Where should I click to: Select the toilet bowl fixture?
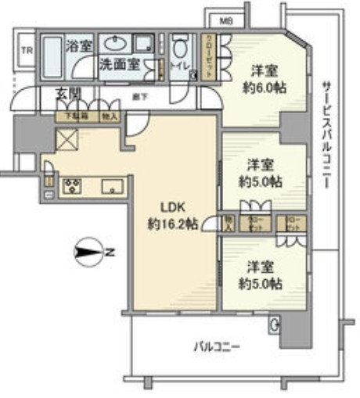click(x=181, y=47)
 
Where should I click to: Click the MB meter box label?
click(x=225, y=20)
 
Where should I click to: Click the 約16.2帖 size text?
click(x=171, y=224)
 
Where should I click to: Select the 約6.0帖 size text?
click(x=263, y=88)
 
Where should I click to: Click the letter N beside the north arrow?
click(x=111, y=253)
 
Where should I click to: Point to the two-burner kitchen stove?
click(x=73, y=186)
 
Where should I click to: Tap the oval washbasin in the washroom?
click(x=119, y=43)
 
